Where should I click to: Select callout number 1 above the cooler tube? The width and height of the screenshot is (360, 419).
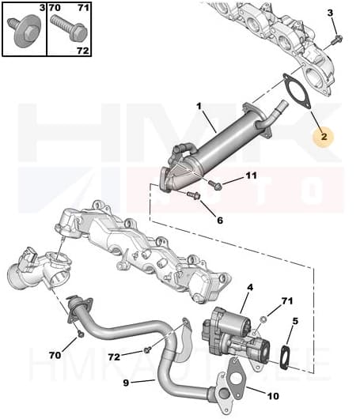[x=199, y=105]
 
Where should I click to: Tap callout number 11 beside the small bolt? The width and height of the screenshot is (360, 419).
[x=251, y=176]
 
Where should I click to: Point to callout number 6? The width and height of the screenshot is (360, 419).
[x=220, y=220]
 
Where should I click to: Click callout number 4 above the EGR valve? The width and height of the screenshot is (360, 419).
[x=249, y=288]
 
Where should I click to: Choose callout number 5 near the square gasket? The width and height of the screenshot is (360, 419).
[x=295, y=321]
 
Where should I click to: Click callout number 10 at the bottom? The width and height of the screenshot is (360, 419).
[x=273, y=396]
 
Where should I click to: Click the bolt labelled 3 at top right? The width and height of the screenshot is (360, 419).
[x=335, y=38]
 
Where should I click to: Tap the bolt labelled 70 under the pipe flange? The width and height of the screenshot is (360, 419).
[x=81, y=334]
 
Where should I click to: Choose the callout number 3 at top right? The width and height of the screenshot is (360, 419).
[x=331, y=12]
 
